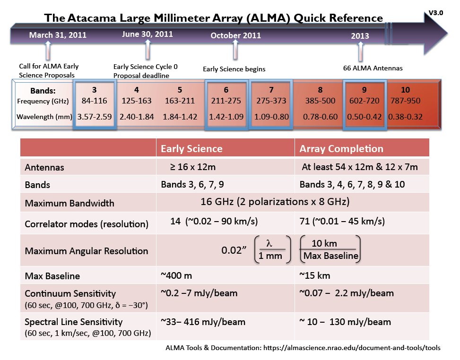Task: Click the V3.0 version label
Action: pos(436,13)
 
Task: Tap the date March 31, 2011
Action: pos(51,35)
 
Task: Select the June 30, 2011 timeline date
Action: pos(148,34)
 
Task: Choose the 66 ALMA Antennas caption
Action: pos(373,68)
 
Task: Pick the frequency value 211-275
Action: pos(226,101)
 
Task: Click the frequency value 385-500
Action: pos(320,101)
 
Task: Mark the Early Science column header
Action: pos(191,148)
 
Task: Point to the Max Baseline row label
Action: pos(52,276)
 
